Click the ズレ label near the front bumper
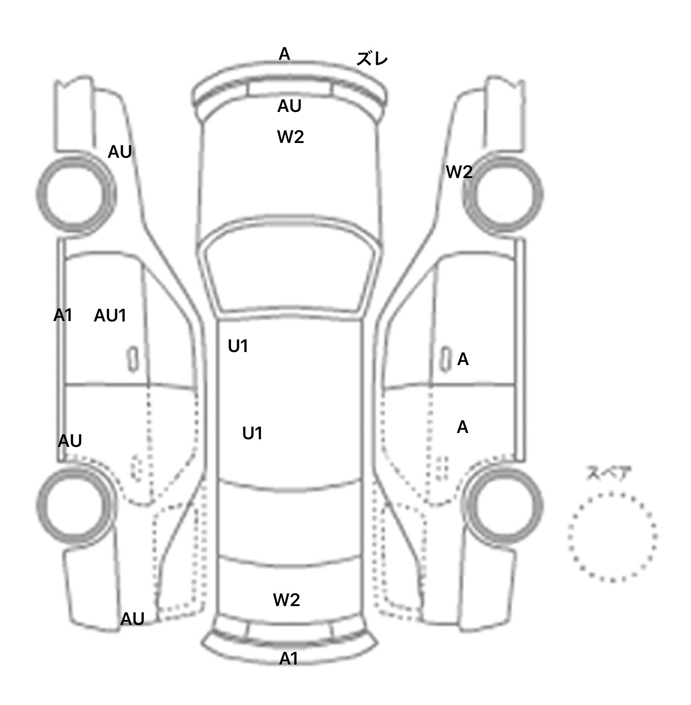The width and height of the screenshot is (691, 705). tap(372, 59)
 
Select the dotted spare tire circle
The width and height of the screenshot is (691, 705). tap(612, 537)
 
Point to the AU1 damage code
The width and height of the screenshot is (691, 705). tap(110, 316)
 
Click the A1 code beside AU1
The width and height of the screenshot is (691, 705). tap(63, 315)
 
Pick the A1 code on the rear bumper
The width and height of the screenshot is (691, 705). tap(289, 659)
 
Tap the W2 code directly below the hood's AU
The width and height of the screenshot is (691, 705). tap(291, 136)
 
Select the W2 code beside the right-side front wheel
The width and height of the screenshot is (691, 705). tap(459, 172)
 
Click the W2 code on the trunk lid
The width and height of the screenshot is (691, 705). tap(287, 599)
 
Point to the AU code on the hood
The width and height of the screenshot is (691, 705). tap(289, 106)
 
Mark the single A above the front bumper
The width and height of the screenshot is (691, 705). tap(284, 54)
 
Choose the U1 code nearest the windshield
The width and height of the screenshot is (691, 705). tap(238, 346)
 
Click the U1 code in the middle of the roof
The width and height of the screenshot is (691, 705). tap(252, 433)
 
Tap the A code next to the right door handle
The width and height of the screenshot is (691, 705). tap(463, 359)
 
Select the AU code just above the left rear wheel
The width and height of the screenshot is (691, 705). tap(70, 441)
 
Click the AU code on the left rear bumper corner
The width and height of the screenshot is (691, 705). tap(132, 619)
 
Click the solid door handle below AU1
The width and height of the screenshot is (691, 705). tap(132, 359)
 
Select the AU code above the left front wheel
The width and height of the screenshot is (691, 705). tap(120, 152)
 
